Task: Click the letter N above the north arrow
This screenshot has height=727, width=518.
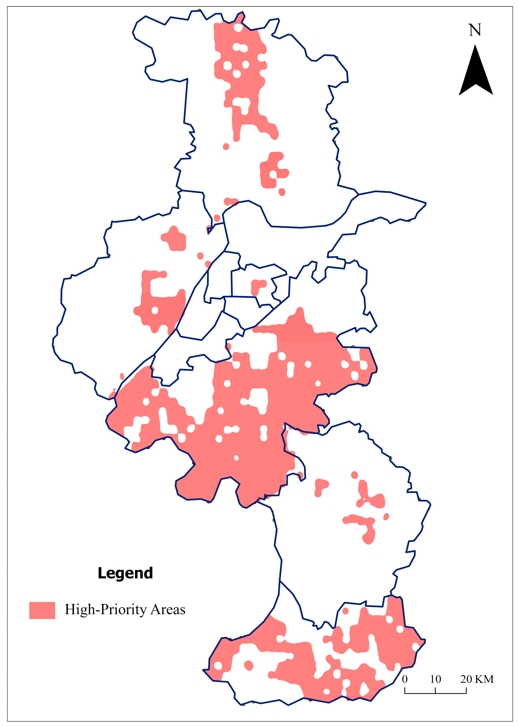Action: coord(475,30)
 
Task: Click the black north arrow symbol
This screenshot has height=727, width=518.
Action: coord(476,73)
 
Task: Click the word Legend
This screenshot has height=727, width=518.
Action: coord(125,573)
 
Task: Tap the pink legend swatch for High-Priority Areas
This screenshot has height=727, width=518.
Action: coord(42,610)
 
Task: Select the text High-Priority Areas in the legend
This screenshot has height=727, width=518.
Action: coord(125,610)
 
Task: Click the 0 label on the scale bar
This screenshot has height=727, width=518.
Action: coord(404,679)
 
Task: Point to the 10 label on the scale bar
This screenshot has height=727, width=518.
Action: coord(436,679)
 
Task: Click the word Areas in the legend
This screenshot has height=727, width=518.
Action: coord(168,610)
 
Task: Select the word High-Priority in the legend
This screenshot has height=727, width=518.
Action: coord(106,610)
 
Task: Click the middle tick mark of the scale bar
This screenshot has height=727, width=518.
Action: coord(435,691)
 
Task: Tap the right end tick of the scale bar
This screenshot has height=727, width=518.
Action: coord(466,691)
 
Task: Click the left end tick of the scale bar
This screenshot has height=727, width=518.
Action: coord(405,691)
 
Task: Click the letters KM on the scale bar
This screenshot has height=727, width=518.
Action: coord(484,679)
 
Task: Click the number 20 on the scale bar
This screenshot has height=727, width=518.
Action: coord(466,679)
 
